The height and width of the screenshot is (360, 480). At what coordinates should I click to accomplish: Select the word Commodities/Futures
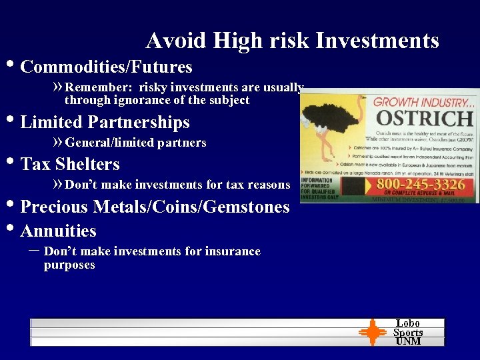coord(107,67)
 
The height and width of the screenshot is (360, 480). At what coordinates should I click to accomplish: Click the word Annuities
coord(59,231)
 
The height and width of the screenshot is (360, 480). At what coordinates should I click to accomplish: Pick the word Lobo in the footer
coord(408,323)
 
